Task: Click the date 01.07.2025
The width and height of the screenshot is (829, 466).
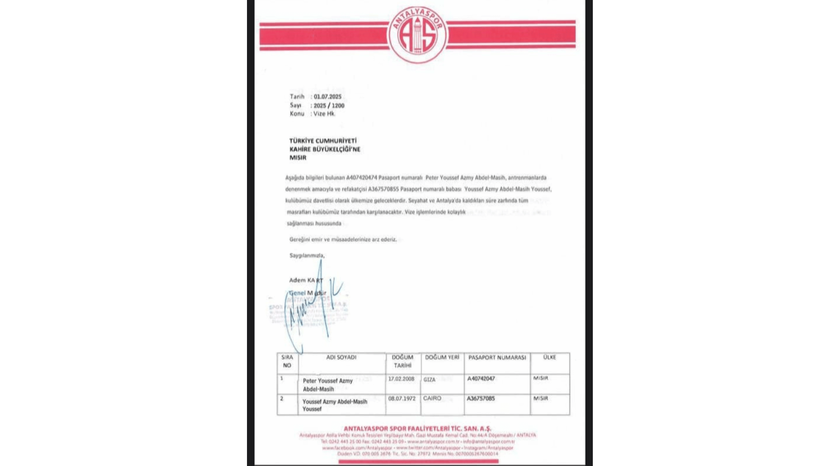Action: click(x=328, y=97)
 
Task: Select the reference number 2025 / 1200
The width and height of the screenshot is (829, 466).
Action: click(x=329, y=105)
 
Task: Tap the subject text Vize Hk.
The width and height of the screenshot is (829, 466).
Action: click(x=324, y=113)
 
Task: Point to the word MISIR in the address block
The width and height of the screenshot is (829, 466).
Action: click(x=298, y=157)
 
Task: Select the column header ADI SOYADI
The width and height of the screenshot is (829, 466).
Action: click(x=341, y=357)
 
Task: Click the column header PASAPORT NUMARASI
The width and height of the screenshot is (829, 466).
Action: click(x=497, y=357)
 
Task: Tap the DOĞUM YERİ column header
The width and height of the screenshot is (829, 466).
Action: click(x=442, y=357)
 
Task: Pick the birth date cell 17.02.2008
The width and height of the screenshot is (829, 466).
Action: click(x=401, y=379)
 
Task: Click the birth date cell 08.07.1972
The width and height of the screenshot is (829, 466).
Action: click(x=402, y=398)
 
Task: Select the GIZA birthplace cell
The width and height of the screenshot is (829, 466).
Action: click(x=429, y=380)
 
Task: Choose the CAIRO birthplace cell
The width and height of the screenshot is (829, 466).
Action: click(x=432, y=398)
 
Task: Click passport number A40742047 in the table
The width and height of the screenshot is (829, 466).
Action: click(x=481, y=378)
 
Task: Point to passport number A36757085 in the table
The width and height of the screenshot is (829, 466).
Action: click(x=481, y=398)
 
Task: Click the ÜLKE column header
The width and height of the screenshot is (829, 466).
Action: click(x=550, y=357)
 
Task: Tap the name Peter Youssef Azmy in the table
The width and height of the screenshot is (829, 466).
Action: click(x=328, y=381)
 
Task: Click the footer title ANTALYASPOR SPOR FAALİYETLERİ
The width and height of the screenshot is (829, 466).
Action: click(x=417, y=428)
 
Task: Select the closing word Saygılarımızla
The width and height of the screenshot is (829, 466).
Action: click(x=307, y=255)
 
